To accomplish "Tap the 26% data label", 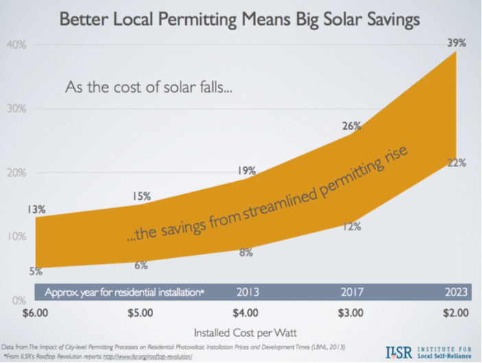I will pyautogui.click(x=351, y=126).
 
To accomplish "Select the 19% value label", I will pyautogui.click(x=247, y=171).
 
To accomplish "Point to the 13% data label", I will pyautogui.click(x=37, y=209).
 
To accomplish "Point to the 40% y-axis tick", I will pyautogui.click(x=16, y=45).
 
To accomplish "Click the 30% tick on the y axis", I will pyautogui.click(x=16, y=109).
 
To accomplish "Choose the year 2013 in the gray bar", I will pyautogui.click(x=246, y=292).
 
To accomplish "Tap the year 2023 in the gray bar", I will pyautogui.click(x=456, y=292).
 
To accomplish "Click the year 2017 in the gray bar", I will pyautogui.click(x=352, y=292).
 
